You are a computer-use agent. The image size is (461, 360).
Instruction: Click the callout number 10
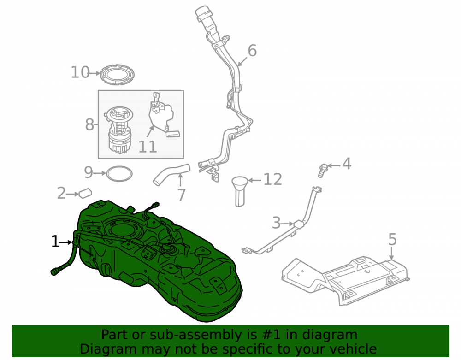pos(80,72)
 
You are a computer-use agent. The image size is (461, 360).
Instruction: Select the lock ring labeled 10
pos(117,74)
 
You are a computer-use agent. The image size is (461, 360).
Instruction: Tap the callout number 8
pos(89,124)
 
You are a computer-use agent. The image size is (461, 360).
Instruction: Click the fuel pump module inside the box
pos(119,130)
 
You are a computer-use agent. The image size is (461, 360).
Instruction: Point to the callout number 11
pos(148,147)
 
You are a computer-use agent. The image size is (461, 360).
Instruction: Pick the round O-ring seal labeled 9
pos(119,174)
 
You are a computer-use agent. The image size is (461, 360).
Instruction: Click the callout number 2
pos(61,193)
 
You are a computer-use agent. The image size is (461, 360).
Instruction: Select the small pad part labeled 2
pos(85,193)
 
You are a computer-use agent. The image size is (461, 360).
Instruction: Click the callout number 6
pos(252,51)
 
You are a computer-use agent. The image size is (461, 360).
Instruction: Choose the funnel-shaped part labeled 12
pos(240,191)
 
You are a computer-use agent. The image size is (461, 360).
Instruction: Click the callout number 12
pos(272,179)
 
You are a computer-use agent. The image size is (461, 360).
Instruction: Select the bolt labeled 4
pos(322,171)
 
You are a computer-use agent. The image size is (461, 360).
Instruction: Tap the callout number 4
pos(347,164)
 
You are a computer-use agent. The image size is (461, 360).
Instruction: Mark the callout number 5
pos(392,240)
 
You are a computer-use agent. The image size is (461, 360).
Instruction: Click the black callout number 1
pos(55,242)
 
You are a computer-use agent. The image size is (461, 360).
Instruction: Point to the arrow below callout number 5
pos(391,254)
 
